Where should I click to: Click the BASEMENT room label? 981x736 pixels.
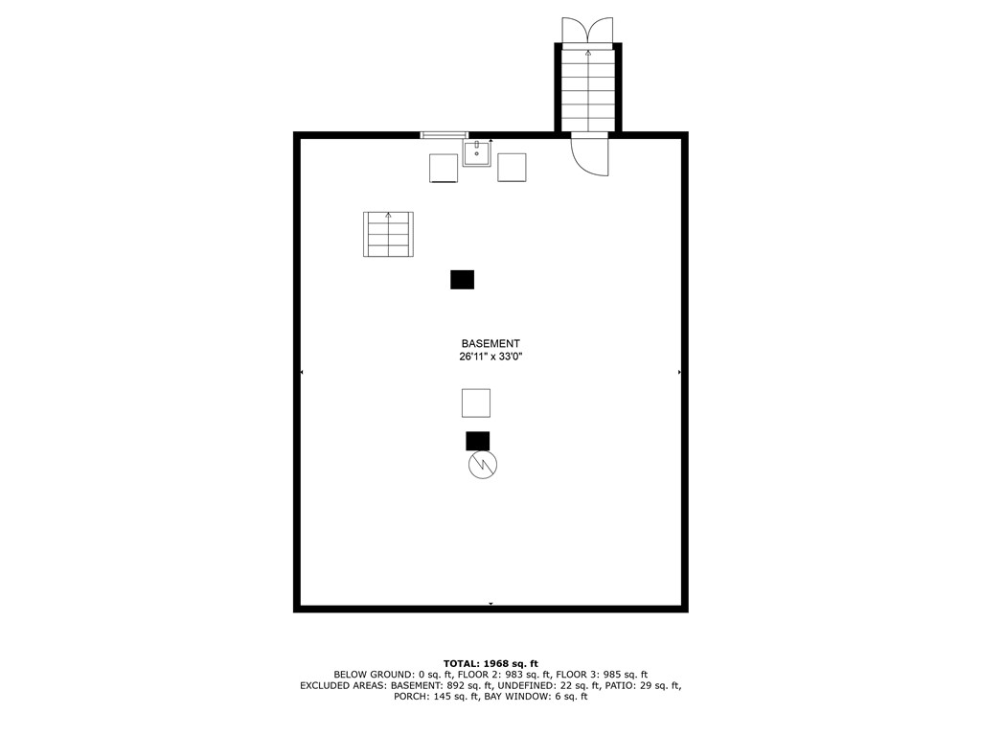pyautogui.click(x=490, y=343)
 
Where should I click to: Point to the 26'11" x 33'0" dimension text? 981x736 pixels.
pyautogui.click(x=490, y=356)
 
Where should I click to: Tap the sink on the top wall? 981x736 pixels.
pyautogui.click(x=477, y=152)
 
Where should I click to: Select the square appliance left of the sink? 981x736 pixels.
pyautogui.click(x=444, y=168)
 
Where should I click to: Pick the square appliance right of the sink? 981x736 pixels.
pyautogui.click(x=513, y=168)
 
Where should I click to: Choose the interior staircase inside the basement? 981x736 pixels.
pyautogui.click(x=388, y=234)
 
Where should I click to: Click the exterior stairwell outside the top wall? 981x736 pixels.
pyautogui.click(x=588, y=88)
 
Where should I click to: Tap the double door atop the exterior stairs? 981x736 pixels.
pyautogui.click(x=587, y=31)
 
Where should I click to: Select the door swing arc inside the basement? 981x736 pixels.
pyautogui.click(x=591, y=156)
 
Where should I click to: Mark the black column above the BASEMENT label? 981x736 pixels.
pyautogui.click(x=462, y=279)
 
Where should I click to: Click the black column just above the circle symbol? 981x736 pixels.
pyautogui.click(x=477, y=441)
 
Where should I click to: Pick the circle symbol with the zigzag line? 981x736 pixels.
pyautogui.click(x=482, y=465)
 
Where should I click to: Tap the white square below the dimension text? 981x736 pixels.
pyautogui.click(x=476, y=402)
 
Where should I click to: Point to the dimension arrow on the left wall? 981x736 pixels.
pyautogui.click(x=303, y=372)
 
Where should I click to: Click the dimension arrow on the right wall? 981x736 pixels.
pyautogui.click(x=679, y=372)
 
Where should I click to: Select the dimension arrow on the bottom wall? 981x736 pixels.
pyautogui.click(x=490, y=604)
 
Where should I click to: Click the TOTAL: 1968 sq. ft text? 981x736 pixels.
pyautogui.click(x=490, y=663)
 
